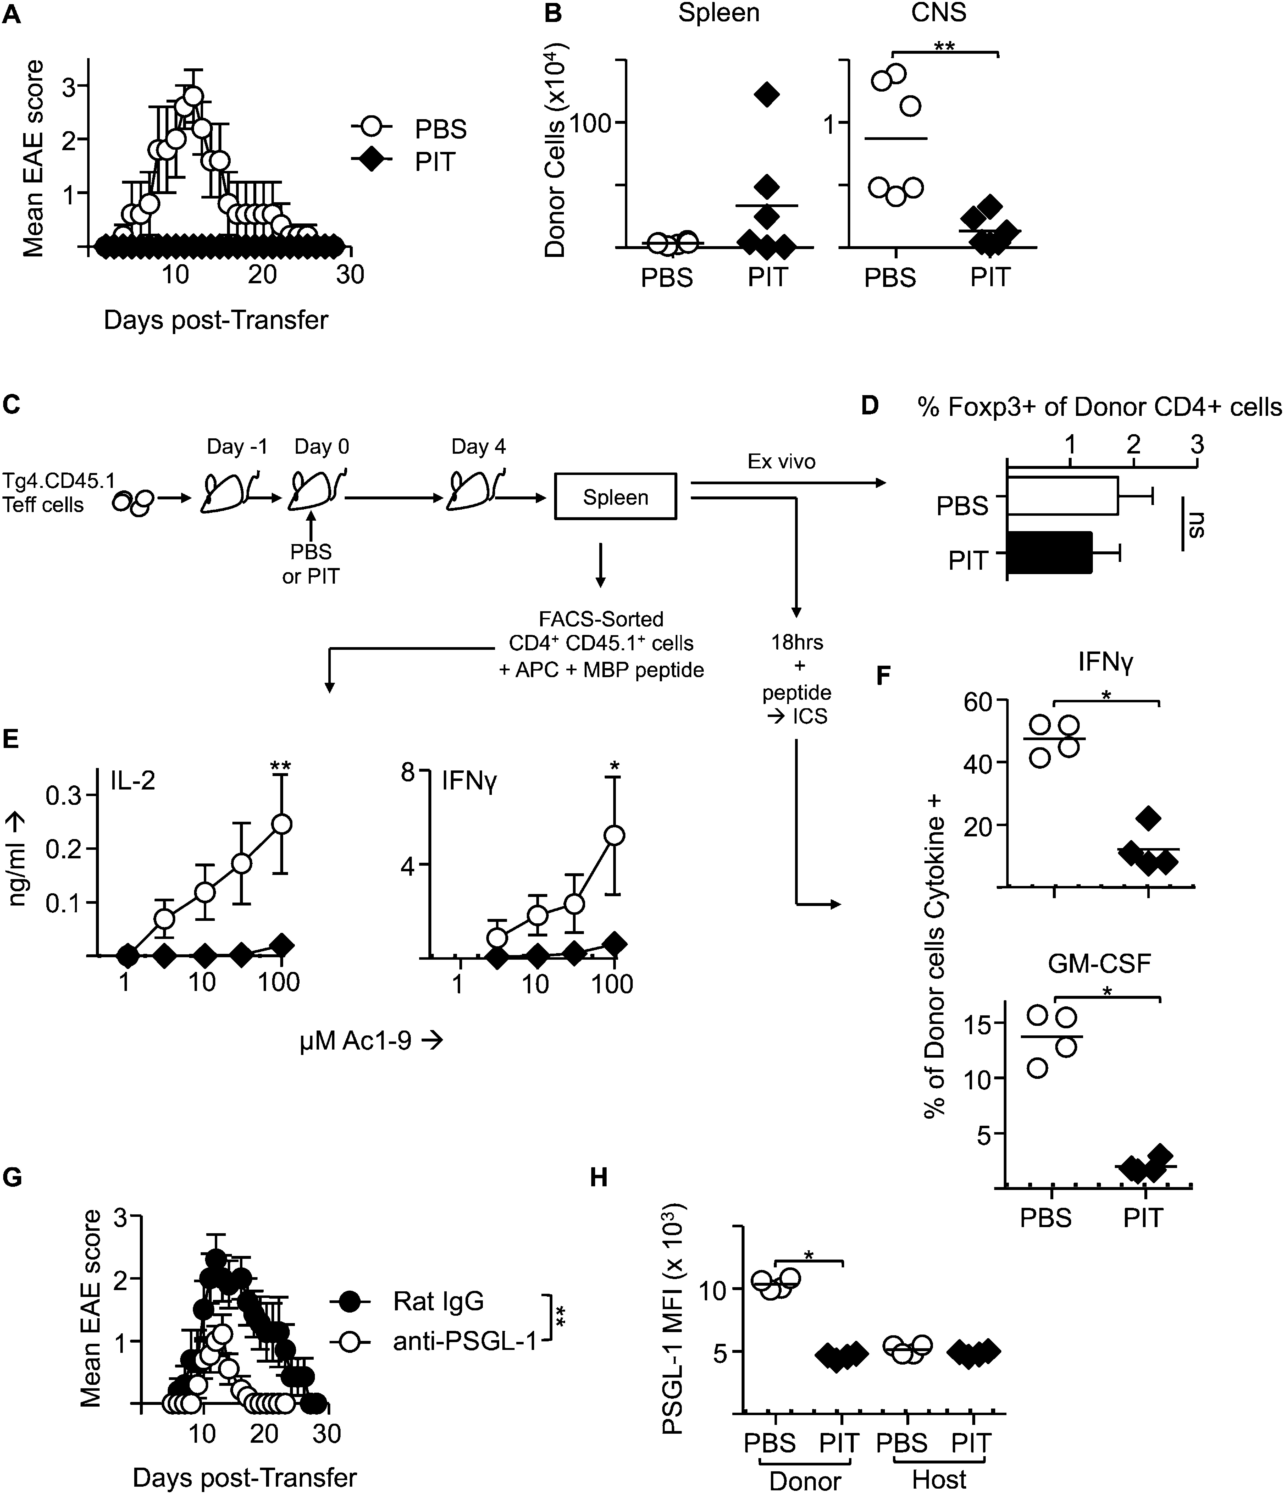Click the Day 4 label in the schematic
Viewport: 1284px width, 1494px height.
point(478,447)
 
